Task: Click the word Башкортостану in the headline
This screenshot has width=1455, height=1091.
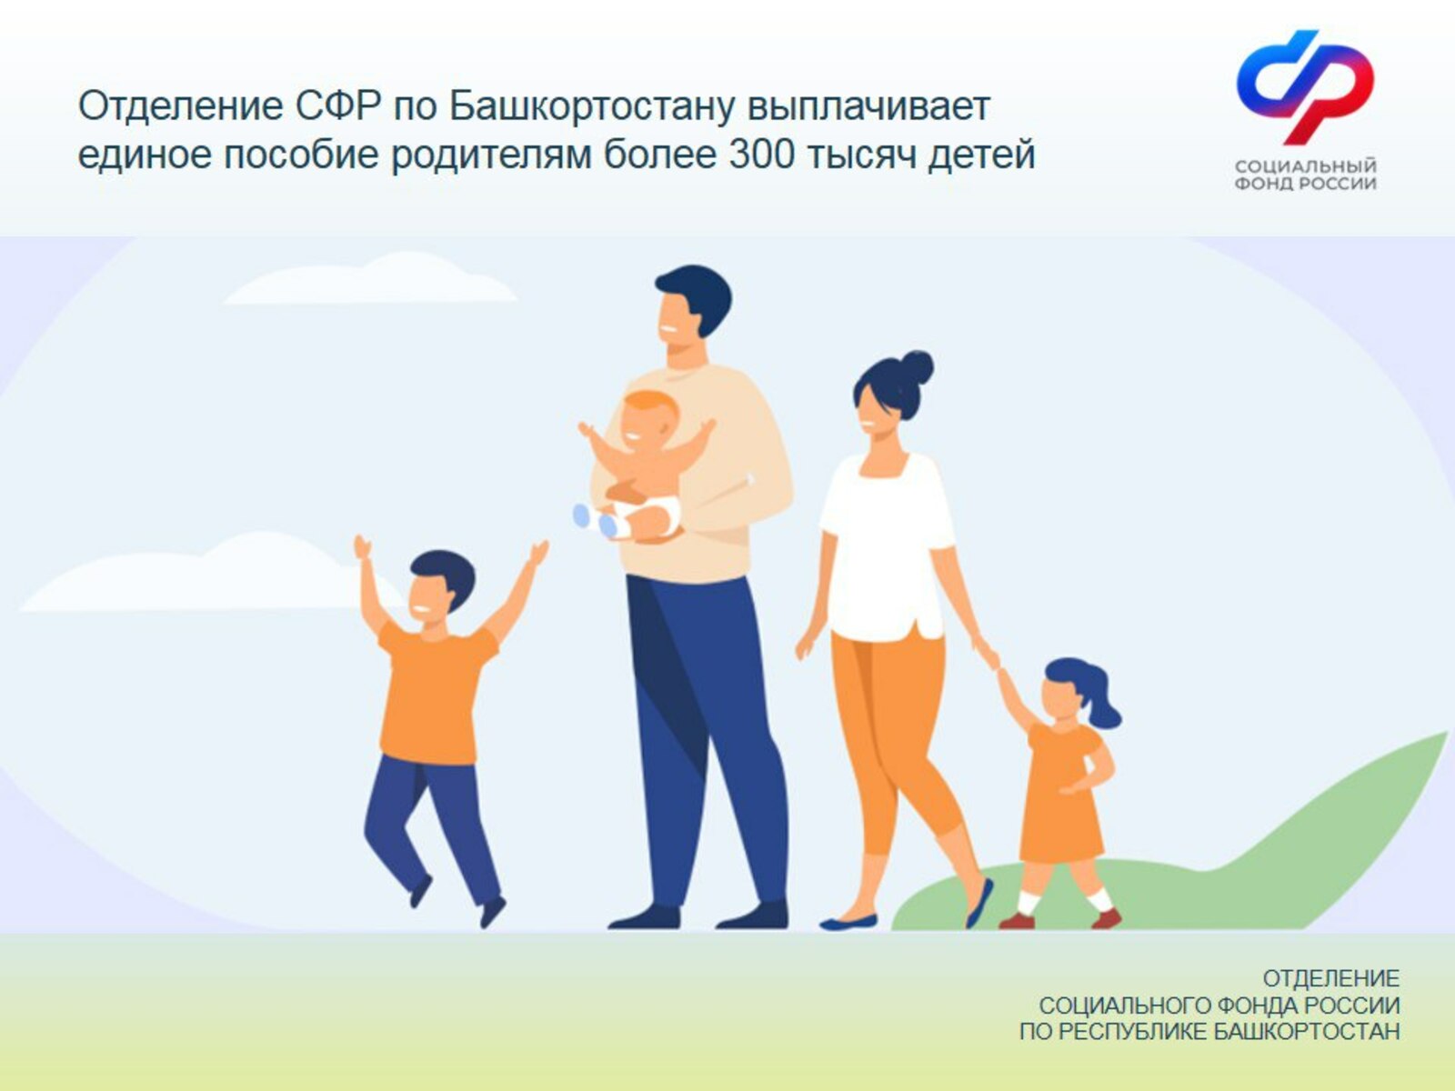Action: tap(593, 106)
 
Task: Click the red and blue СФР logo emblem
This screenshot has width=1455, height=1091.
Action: tap(1305, 86)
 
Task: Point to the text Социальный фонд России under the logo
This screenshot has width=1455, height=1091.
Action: tap(1305, 175)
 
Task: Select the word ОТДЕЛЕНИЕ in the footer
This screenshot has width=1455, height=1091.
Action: tap(1331, 978)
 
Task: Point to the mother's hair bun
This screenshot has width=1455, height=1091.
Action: tap(917, 367)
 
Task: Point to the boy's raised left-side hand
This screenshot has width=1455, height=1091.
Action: tap(362, 548)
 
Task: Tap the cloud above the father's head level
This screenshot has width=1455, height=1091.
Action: tap(370, 279)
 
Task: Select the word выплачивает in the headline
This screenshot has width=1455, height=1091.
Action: tap(869, 106)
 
